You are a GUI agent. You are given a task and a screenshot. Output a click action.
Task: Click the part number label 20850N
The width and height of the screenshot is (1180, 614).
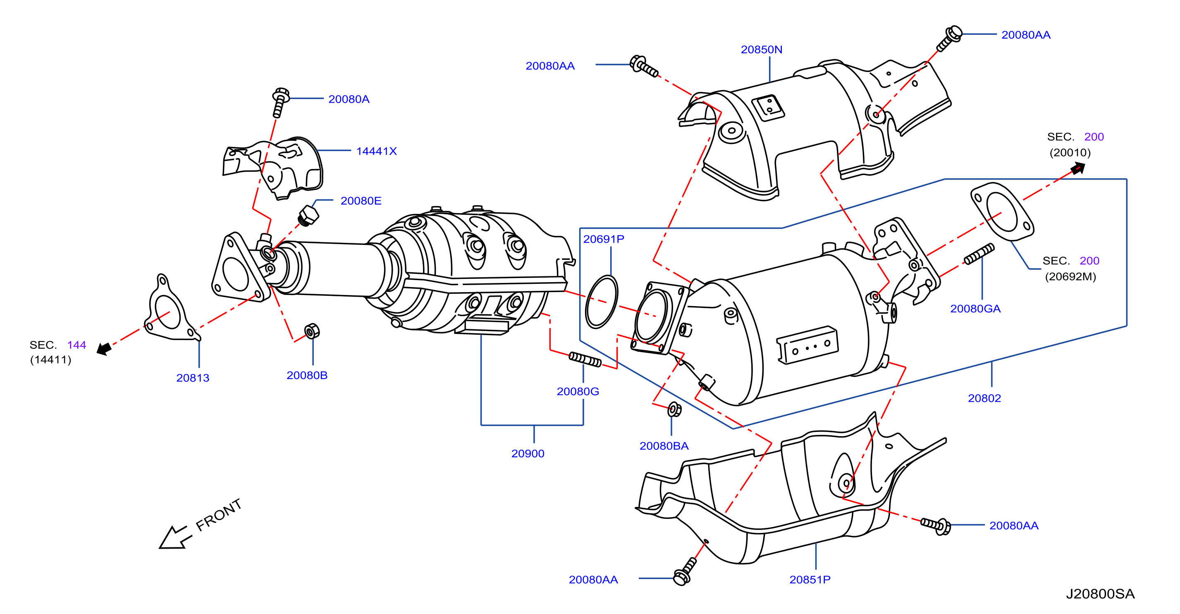click(x=761, y=50)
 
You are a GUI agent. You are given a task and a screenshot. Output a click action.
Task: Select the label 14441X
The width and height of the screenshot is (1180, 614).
click(x=376, y=151)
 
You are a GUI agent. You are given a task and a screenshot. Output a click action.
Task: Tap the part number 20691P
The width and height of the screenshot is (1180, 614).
click(x=603, y=239)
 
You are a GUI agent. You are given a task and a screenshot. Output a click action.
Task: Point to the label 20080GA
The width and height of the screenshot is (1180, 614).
click(x=975, y=309)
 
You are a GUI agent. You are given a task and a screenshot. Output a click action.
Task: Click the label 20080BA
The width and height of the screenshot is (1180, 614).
click(x=664, y=446)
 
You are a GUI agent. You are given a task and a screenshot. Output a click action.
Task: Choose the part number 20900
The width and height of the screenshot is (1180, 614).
click(x=528, y=453)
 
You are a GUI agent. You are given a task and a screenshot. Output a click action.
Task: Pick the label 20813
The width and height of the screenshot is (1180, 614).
click(x=192, y=378)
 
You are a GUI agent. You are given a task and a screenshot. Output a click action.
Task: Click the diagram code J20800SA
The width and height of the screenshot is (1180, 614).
click(x=1100, y=594)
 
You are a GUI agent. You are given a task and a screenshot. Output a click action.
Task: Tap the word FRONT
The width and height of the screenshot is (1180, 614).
click(x=218, y=515)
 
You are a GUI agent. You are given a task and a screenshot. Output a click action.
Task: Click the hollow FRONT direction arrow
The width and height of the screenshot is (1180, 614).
click(x=173, y=537)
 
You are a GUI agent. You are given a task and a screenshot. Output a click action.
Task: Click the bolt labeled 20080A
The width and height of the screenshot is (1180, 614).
click(x=280, y=102)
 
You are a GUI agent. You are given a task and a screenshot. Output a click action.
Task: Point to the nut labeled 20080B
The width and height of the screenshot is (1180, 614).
click(x=312, y=331)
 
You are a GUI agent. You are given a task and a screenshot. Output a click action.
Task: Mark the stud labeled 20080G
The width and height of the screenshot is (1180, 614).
click(x=585, y=359)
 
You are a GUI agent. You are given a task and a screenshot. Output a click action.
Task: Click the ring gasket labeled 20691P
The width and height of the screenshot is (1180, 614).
click(x=602, y=301)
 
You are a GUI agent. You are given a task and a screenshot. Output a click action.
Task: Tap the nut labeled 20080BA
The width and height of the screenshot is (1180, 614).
click(x=674, y=409)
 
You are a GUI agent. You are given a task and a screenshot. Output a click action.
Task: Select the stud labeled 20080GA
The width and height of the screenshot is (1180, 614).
click(x=979, y=254)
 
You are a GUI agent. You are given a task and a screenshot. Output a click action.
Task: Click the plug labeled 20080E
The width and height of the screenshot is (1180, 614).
click(x=308, y=216)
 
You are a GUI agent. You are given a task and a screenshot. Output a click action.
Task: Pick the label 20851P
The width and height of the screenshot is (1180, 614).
click(x=810, y=580)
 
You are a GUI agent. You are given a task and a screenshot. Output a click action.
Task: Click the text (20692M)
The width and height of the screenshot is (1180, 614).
click(x=1070, y=276)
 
